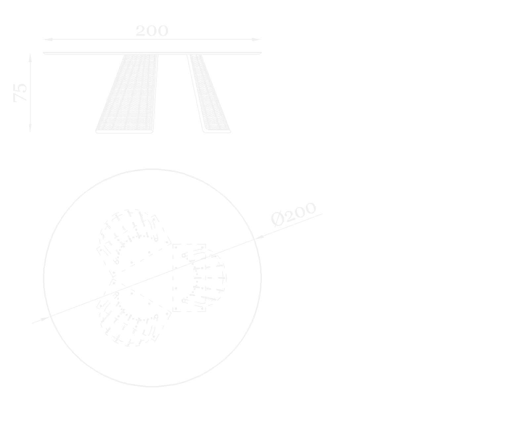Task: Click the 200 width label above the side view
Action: coord(152,31)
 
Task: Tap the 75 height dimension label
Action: coord(20,92)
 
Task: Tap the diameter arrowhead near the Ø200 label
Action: coord(260,236)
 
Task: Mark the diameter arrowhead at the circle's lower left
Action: coord(45,319)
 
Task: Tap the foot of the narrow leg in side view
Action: coord(217,132)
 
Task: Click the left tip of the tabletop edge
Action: coord(44,53)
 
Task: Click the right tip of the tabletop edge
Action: coord(261,53)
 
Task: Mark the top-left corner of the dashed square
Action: coord(174,245)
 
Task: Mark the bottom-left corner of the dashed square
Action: coord(174,311)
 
